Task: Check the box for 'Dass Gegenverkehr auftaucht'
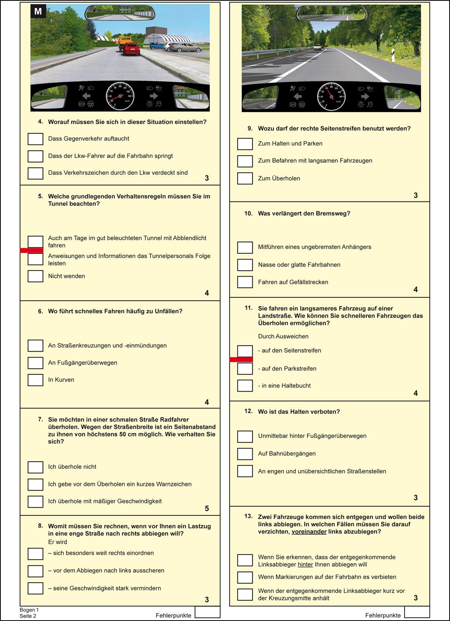click(x=35, y=139)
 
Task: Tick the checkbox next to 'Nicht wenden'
click(x=35, y=276)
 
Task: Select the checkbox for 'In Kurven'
click(x=35, y=380)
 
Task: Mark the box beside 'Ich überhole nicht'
click(x=35, y=467)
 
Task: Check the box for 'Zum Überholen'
click(x=245, y=178)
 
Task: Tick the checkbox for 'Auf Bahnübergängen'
click(x=245, y=454)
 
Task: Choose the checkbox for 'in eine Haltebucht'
click(x=245, y=386)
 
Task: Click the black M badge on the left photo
click(x=38, y=11)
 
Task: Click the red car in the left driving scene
click(x=131, y=49)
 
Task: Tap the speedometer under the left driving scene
click(x=120, y=96)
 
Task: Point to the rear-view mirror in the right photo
click(x=331, y=13)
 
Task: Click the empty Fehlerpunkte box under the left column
click(x=207, y=612)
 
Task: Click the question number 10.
click(x=248, y=213)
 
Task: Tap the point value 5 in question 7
click(x=207, y=508)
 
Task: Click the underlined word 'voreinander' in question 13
click(x=309, y=531)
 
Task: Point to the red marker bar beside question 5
click(x=31, y=251)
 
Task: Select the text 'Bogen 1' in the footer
click(x=29, y=610)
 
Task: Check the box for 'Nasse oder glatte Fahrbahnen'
click(x=245, y=265)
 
